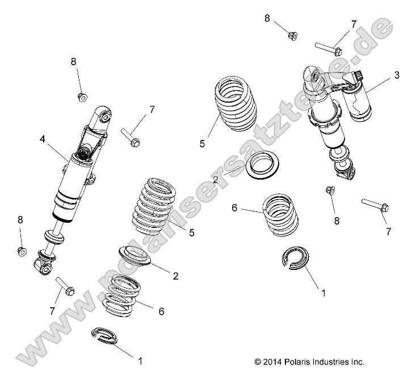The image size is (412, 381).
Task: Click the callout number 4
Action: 42,138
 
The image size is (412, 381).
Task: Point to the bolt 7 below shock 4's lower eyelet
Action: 65,287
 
